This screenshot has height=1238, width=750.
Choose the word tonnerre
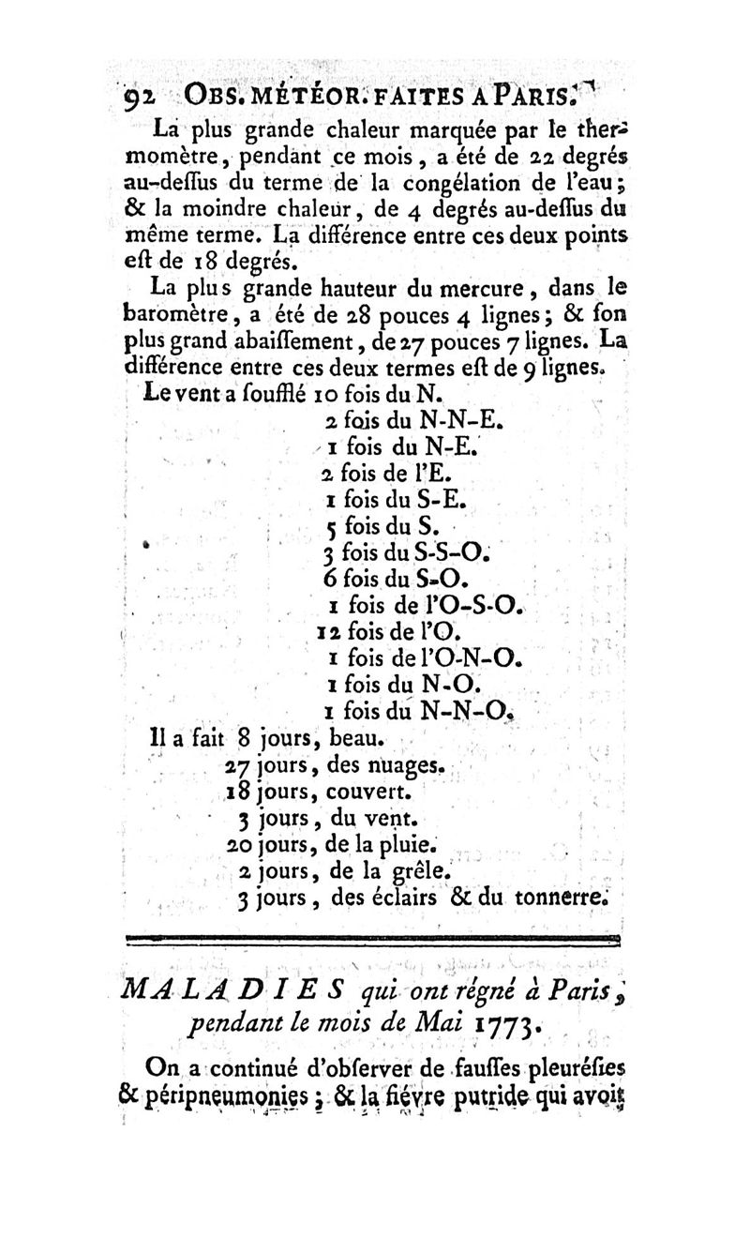pos(561,898)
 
